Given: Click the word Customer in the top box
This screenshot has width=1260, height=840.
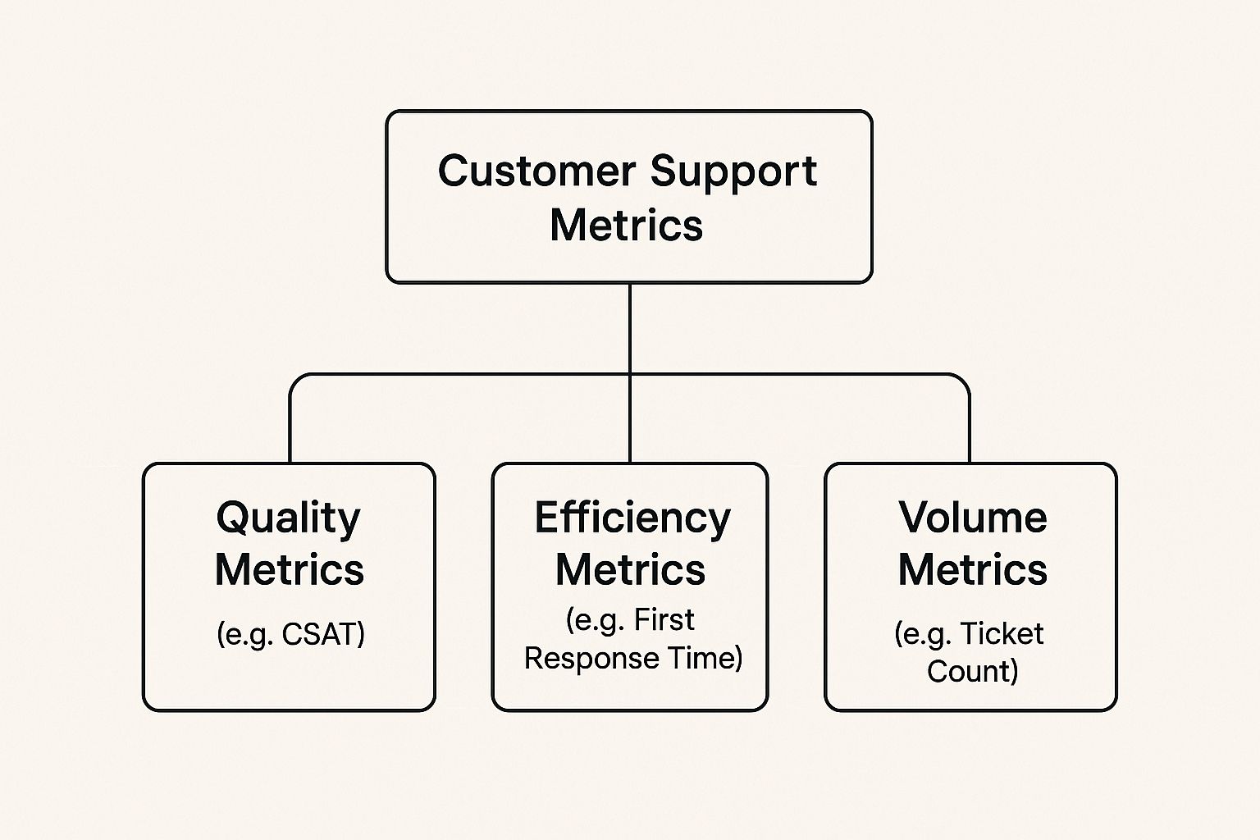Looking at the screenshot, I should coord(536,171).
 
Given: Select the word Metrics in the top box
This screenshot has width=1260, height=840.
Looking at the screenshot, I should coord(627,225).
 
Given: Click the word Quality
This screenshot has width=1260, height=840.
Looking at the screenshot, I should coord(288,519).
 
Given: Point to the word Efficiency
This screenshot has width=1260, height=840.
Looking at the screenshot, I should coord(632,519).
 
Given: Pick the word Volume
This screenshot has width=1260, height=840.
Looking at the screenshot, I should coord(972,518).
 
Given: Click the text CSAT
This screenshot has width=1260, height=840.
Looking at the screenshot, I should coord(322,634).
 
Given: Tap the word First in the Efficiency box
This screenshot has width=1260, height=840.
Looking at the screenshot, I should coord(664,620).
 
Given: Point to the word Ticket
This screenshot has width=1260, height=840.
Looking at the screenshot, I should coord(1001,633).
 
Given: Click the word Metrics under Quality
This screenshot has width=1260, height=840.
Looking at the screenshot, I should coord(289,569).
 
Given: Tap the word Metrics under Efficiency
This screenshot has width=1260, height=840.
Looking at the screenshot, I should coord(630,569).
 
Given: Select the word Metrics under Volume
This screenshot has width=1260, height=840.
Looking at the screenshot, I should coord(972,569).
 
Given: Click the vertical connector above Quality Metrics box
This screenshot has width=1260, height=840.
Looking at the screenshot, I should coord(290,427).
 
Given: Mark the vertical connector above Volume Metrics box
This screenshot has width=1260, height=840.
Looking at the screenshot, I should coord(969,427).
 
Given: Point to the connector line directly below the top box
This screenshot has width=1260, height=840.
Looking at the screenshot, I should coord(629,328).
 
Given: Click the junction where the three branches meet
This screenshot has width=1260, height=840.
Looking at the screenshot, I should coord(629,375).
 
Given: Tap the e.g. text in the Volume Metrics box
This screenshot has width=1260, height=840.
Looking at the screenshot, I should coord(924,634).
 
